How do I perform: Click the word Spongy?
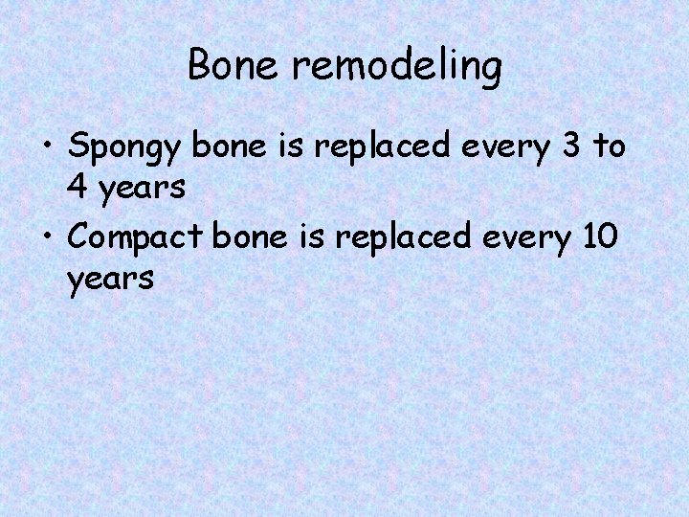tap(127, 149)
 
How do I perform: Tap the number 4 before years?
tap(80, 188)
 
